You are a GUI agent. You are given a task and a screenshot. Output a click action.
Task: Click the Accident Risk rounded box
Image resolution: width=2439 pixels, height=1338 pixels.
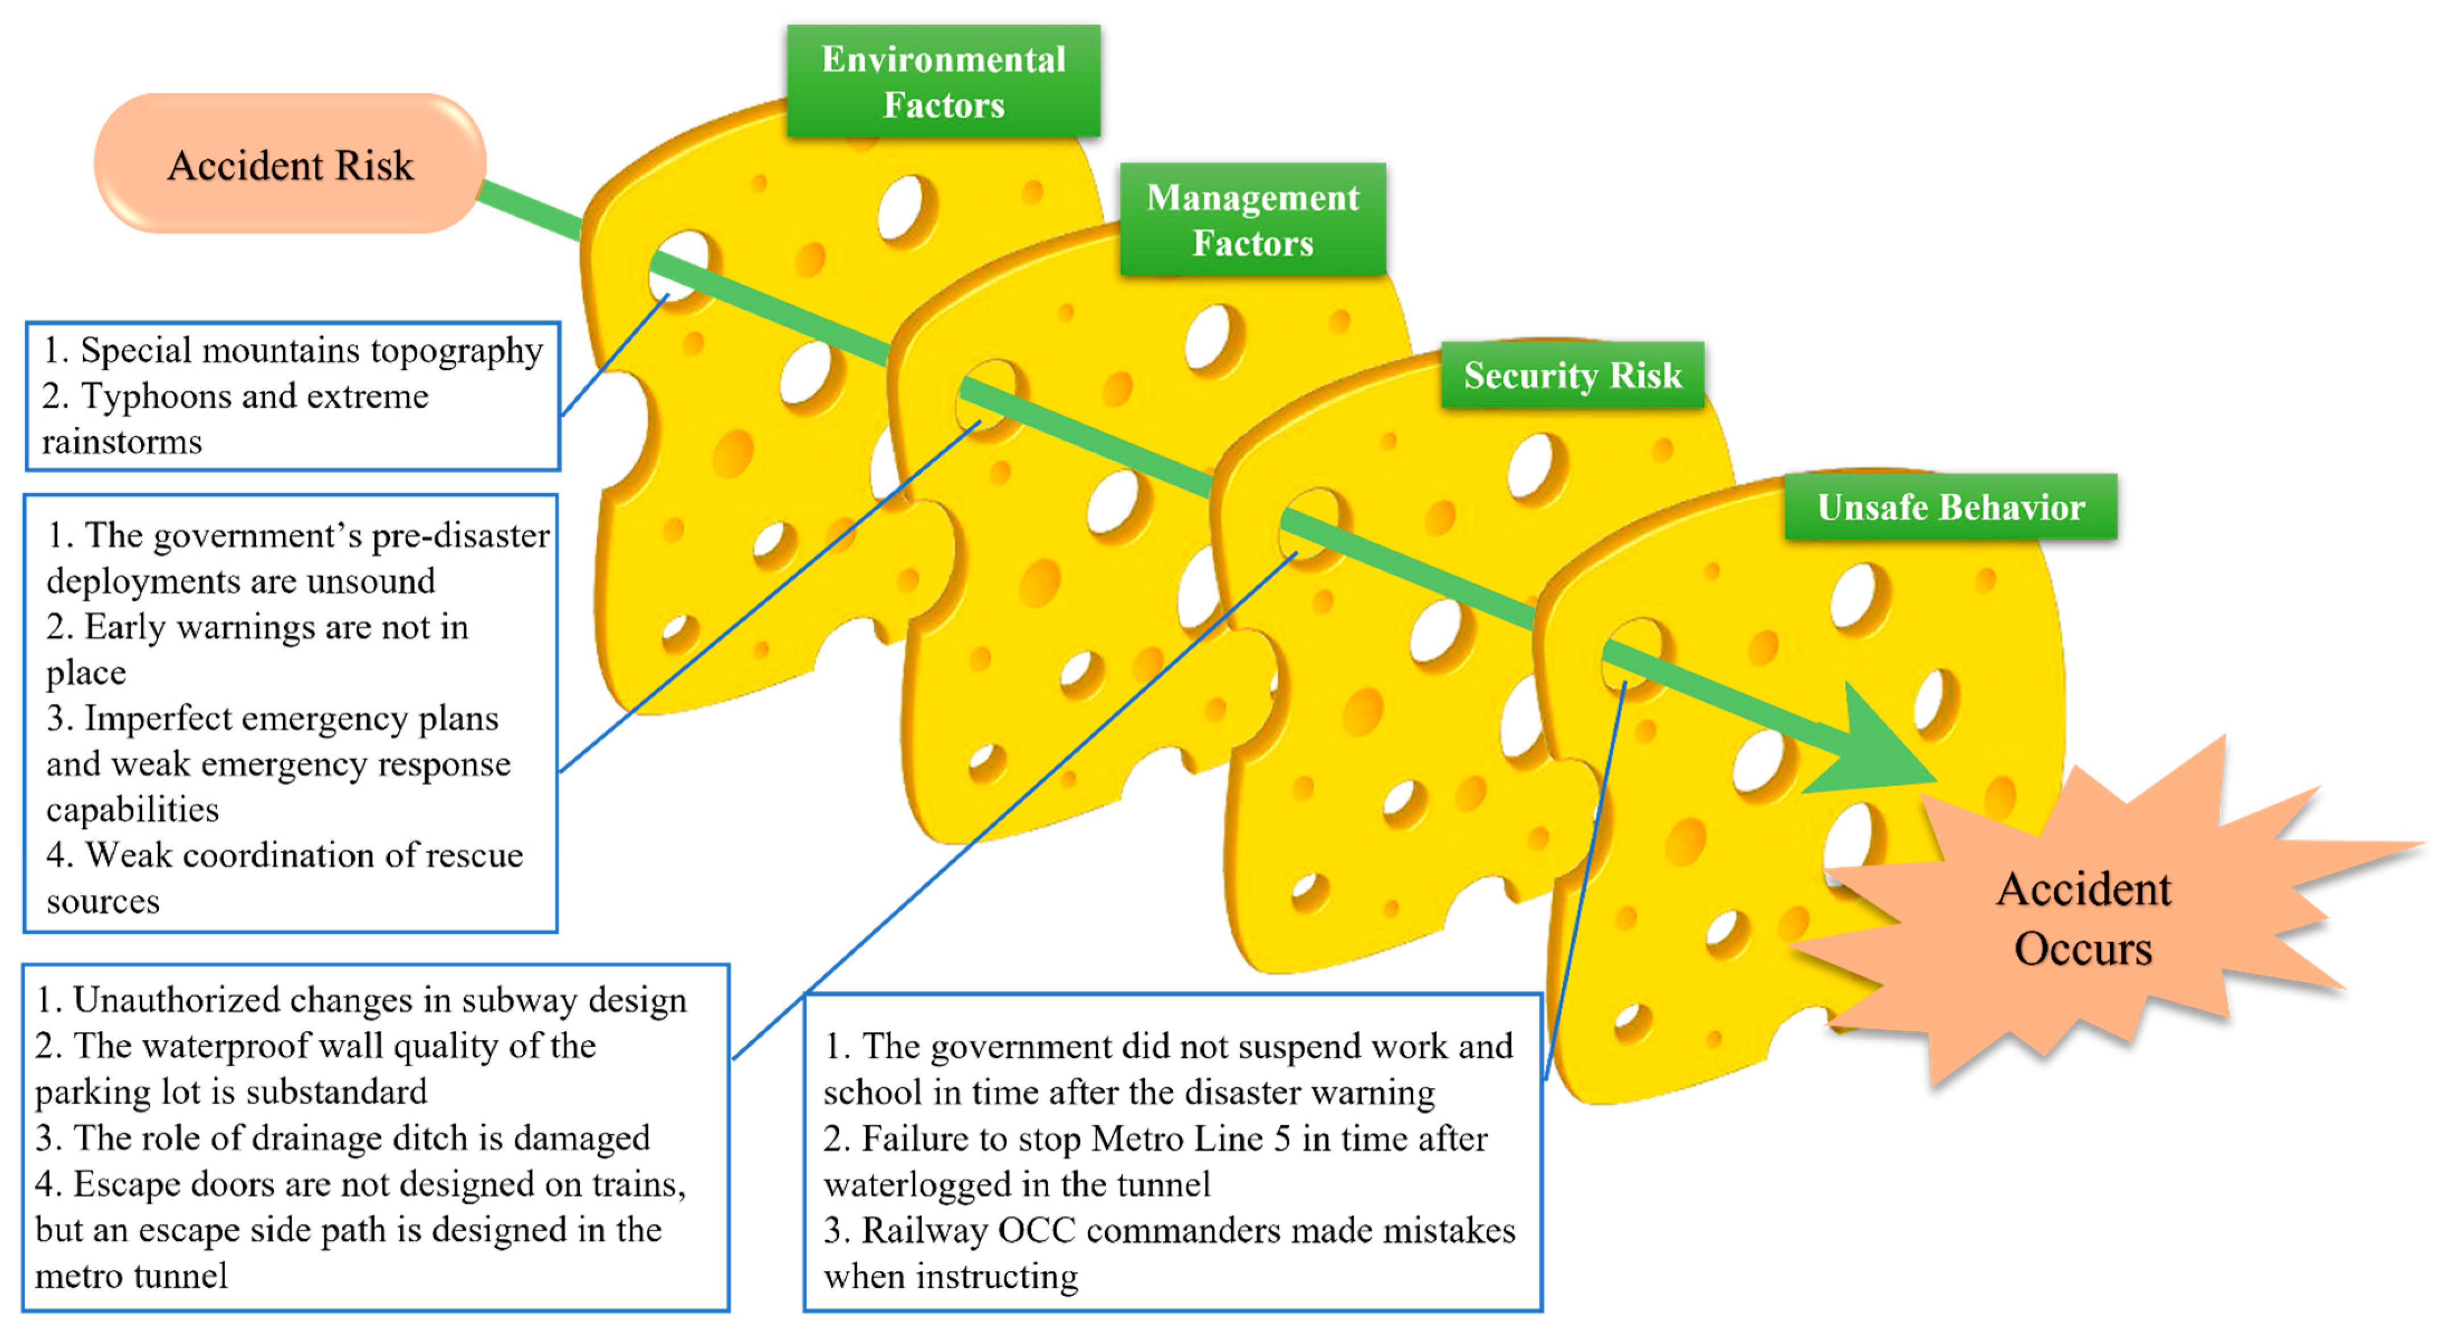pyautogui.click(x=290, y=165)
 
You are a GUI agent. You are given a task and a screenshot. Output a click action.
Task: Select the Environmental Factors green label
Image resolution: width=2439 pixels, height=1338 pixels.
pyautogui.click(x=943, y=81)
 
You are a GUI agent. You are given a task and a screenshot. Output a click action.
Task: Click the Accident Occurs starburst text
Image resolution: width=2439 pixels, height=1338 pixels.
pyautogui.click(x=2083, y=918)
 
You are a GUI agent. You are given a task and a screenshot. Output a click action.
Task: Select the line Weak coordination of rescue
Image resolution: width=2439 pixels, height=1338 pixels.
pyautogui.click(x=303, y=855)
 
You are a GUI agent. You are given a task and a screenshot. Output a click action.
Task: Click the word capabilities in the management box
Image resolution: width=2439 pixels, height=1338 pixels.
pyautogui.click(x=132, y=810)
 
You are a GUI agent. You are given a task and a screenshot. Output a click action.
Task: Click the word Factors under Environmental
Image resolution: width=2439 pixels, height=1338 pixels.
pyautogui.click(x=943, y=105)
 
